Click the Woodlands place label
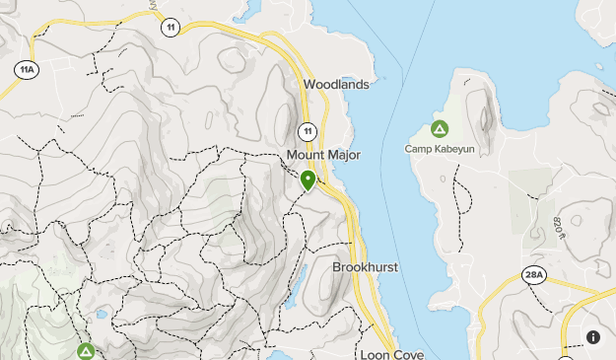(x=336, y=85)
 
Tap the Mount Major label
(x=324, y=156)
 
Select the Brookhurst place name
(x=364, y=267)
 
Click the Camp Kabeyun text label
(x=440, y=149)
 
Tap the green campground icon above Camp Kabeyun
(x=440, y=129)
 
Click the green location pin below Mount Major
(x=308, y=180)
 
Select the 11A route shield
(x=27, y=70)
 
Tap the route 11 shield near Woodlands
(x=308, y=131)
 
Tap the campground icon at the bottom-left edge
(x=87, y=351)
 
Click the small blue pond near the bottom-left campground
(x=102, y=316)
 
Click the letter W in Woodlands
(x=309, y=85)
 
